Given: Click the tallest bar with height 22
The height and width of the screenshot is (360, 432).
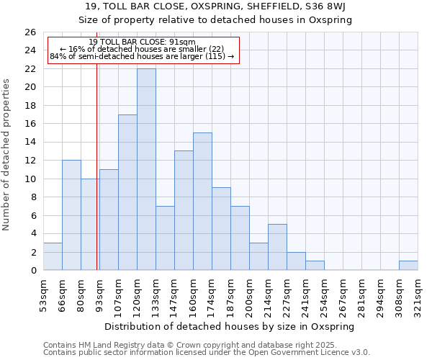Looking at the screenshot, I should [x=146, y=169].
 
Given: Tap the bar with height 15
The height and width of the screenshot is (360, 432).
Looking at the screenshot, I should [x=202, y=202].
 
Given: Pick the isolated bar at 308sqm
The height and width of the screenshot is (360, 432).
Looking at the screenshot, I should [x=408, y=266].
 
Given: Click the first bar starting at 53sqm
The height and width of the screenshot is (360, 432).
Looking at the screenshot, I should [x=53, y=256].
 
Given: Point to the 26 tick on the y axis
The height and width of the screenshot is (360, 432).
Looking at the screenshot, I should [x=30, y=32].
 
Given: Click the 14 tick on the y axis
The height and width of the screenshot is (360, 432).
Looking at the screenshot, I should [x=30, y=142].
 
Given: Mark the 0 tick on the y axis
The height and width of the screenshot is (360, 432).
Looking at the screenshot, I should [x=32, y=271].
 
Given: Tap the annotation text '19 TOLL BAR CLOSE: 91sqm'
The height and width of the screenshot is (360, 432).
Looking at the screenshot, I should [x=143, y=42].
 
